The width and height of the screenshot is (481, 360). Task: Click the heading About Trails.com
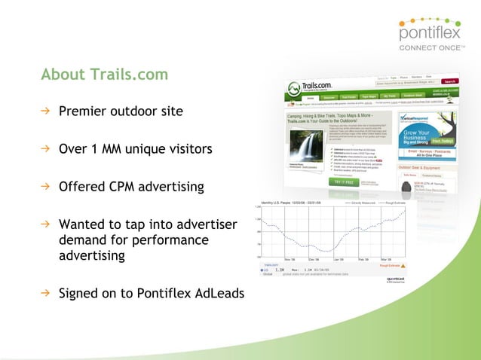click(x=105, y=75)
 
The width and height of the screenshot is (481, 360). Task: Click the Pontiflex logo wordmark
click(x=427, y=35)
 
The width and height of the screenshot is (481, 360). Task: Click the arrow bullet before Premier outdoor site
click(x=45, y=111)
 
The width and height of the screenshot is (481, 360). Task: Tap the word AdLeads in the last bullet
click(x=219, y=292)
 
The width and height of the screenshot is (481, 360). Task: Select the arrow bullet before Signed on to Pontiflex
click(x=45, y=292)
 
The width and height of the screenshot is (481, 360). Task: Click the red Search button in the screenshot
click(x=449, y=81)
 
